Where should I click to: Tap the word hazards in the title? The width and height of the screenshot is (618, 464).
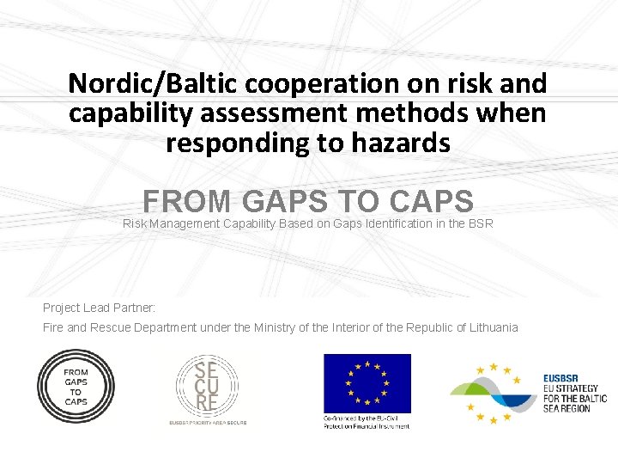[x=403, y=143]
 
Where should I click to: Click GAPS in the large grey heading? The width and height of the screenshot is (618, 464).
[x=284, y=201]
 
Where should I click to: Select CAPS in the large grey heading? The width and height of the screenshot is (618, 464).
[x=431, y=201]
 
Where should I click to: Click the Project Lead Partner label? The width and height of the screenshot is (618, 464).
[x=99, y=307]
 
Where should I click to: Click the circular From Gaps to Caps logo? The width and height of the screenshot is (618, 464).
[x=76, y=387]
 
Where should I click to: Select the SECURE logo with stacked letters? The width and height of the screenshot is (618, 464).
[x=207, y=385]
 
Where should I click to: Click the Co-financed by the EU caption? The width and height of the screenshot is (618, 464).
[x=367, y=422]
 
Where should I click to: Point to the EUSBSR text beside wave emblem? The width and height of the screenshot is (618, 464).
[x=574, y=393]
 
